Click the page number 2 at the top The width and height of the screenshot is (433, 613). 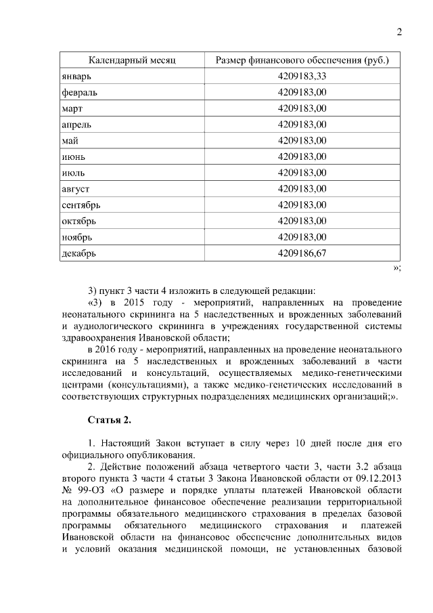tap(398, 33)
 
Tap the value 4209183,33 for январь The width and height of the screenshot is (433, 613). tap(302, 76)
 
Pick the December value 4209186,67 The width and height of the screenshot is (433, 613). tap(302, 253)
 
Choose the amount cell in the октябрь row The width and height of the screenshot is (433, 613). tap(302, 221)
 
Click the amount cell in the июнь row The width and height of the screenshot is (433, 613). tap(302, 156)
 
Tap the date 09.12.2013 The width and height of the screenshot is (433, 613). tap(373, 478)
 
